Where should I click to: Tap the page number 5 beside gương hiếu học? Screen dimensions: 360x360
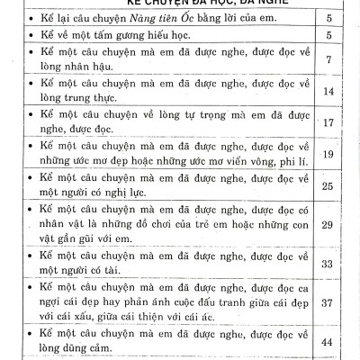coord(329,35)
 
